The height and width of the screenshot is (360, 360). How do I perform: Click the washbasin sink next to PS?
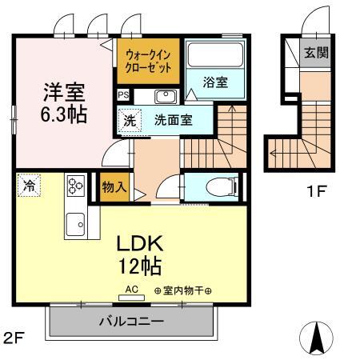166,97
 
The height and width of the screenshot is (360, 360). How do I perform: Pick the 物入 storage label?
113,186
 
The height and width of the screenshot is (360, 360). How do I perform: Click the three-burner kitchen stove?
75,186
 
